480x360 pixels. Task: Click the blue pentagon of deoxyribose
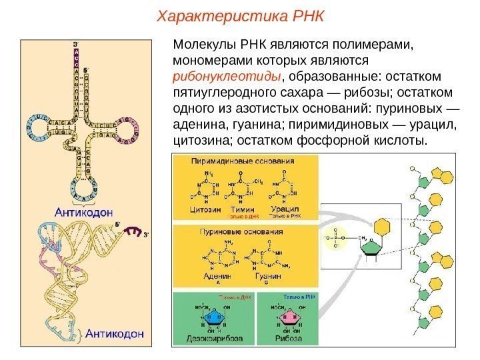tap(213, 316)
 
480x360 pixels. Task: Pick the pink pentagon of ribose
tap(288, 316)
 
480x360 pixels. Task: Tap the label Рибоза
tap(287, 337)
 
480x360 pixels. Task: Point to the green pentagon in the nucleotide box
tap(371, 247)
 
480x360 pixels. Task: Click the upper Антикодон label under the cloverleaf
tap(78, 213)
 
